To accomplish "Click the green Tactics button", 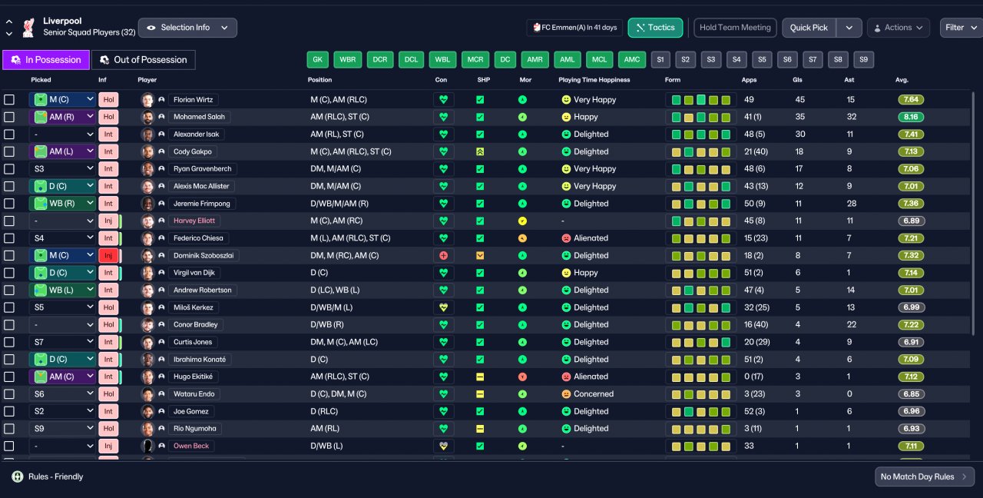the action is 655,28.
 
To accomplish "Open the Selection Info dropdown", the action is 187,28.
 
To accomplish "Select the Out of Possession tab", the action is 144,60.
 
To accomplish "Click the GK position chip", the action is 318,60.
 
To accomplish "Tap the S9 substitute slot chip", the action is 863,60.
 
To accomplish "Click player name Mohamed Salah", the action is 199,117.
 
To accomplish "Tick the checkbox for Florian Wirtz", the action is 9,100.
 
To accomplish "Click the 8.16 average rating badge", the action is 911,117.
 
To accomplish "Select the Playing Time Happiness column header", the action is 594,80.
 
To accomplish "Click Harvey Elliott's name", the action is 194,221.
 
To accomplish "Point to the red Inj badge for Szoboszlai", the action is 108,256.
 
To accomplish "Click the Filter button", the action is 960,28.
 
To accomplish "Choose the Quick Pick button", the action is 809,28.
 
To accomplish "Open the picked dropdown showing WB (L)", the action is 63,290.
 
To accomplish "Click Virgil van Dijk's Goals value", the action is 798,273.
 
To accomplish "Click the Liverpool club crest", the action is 28,27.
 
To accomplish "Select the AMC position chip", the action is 632,60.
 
